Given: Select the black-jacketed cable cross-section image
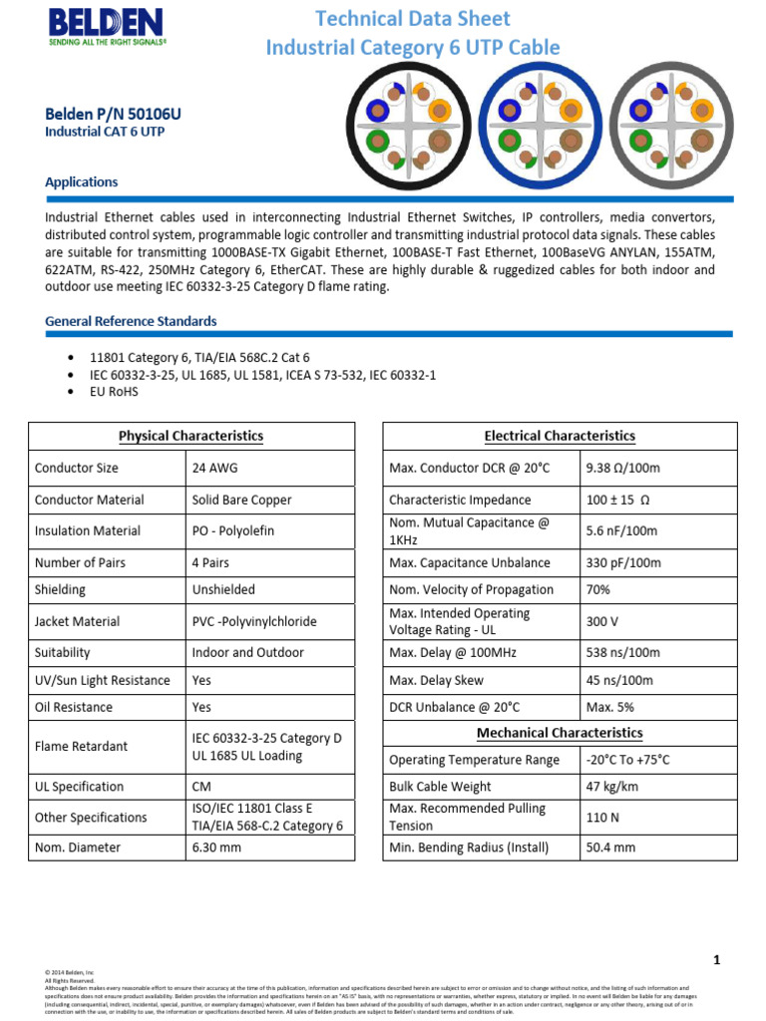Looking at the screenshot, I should [409, 128].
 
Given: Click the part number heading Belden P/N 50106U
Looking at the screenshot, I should [113, 114].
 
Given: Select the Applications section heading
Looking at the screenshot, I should [82, 182].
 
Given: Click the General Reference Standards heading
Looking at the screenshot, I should [131, 321].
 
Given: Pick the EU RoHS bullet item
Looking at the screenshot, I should [114, 392].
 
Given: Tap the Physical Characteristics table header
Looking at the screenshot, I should [191, 436].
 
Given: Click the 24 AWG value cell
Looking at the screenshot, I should [214, 468].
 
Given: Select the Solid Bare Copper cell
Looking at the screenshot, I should [241, 500].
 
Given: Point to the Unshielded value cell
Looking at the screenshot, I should [223, 589].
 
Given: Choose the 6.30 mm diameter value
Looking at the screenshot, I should [216, 848].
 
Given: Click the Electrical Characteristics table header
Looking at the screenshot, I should [560, 436].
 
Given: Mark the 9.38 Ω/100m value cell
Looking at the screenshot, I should [623, 468].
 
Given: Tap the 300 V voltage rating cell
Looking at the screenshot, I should [602, 621].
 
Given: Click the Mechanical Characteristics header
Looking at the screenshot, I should [560, 733].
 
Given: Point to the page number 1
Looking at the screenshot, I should [716, 960].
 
